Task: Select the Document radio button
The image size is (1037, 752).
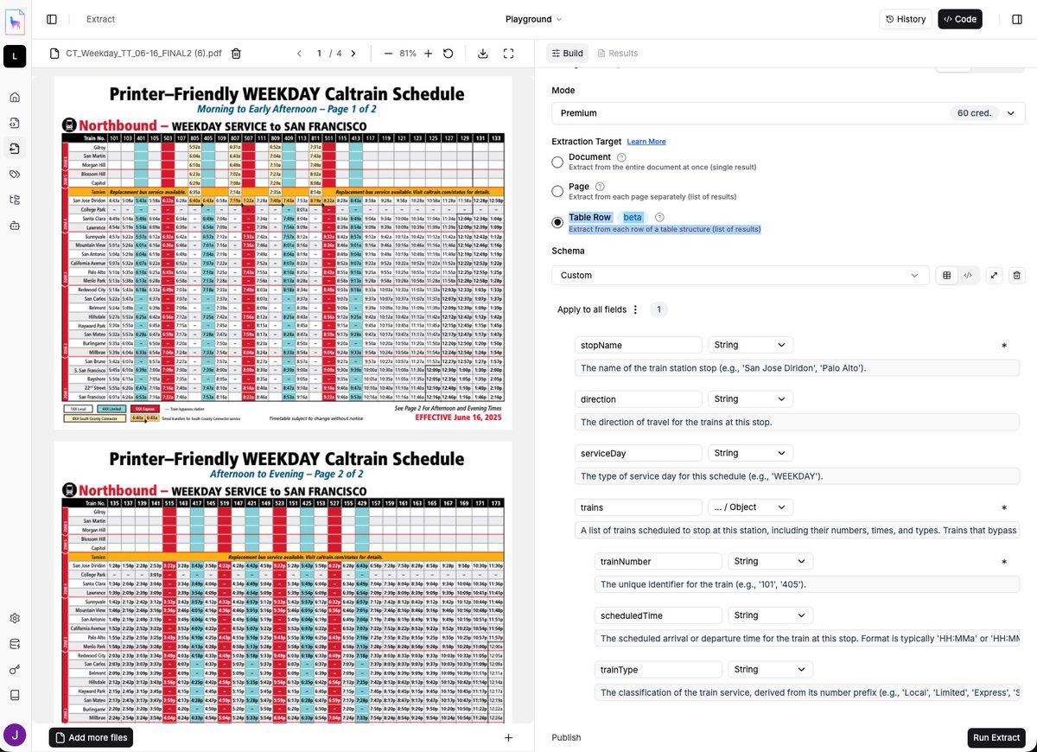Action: (557, 163)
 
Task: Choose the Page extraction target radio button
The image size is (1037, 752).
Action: (557, 191)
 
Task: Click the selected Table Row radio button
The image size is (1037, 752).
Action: (557, 222)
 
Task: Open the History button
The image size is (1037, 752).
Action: (905, 19)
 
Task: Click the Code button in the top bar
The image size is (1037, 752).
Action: (959, 19)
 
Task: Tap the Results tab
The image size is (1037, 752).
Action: (617, 54)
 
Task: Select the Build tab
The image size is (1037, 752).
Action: (567, 54)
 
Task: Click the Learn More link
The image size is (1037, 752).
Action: (646, 142)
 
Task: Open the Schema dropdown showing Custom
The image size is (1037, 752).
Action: (740, 276)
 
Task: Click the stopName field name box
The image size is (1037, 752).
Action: (638, 345)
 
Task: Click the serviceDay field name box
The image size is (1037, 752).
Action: (638, 453)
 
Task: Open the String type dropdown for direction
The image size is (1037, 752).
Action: (749, 399)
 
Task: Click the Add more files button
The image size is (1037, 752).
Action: (91, 737)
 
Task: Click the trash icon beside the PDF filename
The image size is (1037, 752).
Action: (236, 54)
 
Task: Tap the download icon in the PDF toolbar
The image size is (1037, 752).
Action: (482, 54)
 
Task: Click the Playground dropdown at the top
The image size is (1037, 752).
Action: (533, 19)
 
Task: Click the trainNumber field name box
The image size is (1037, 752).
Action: (658, 562)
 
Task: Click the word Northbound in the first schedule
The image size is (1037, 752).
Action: (120, 125)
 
